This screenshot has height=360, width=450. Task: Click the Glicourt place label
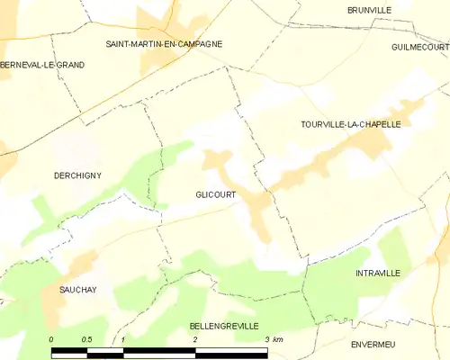click(x=215, y=193)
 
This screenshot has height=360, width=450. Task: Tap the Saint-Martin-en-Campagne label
click(x=164, y=43)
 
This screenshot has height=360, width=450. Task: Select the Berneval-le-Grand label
click(x=42, y=64)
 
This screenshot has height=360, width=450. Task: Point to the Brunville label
click(x=369, y=10)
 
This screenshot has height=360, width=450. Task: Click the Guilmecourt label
click(x=419, y=46)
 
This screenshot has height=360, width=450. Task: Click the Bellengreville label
click(x=224, y=325)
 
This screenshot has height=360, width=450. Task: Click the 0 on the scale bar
click(x=51, y=339)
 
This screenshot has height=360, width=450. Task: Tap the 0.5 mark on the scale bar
click(x=85, y=339)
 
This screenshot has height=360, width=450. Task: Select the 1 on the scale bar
click(x=122, y=339)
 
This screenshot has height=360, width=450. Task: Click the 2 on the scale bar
click(x=195, y=339)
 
